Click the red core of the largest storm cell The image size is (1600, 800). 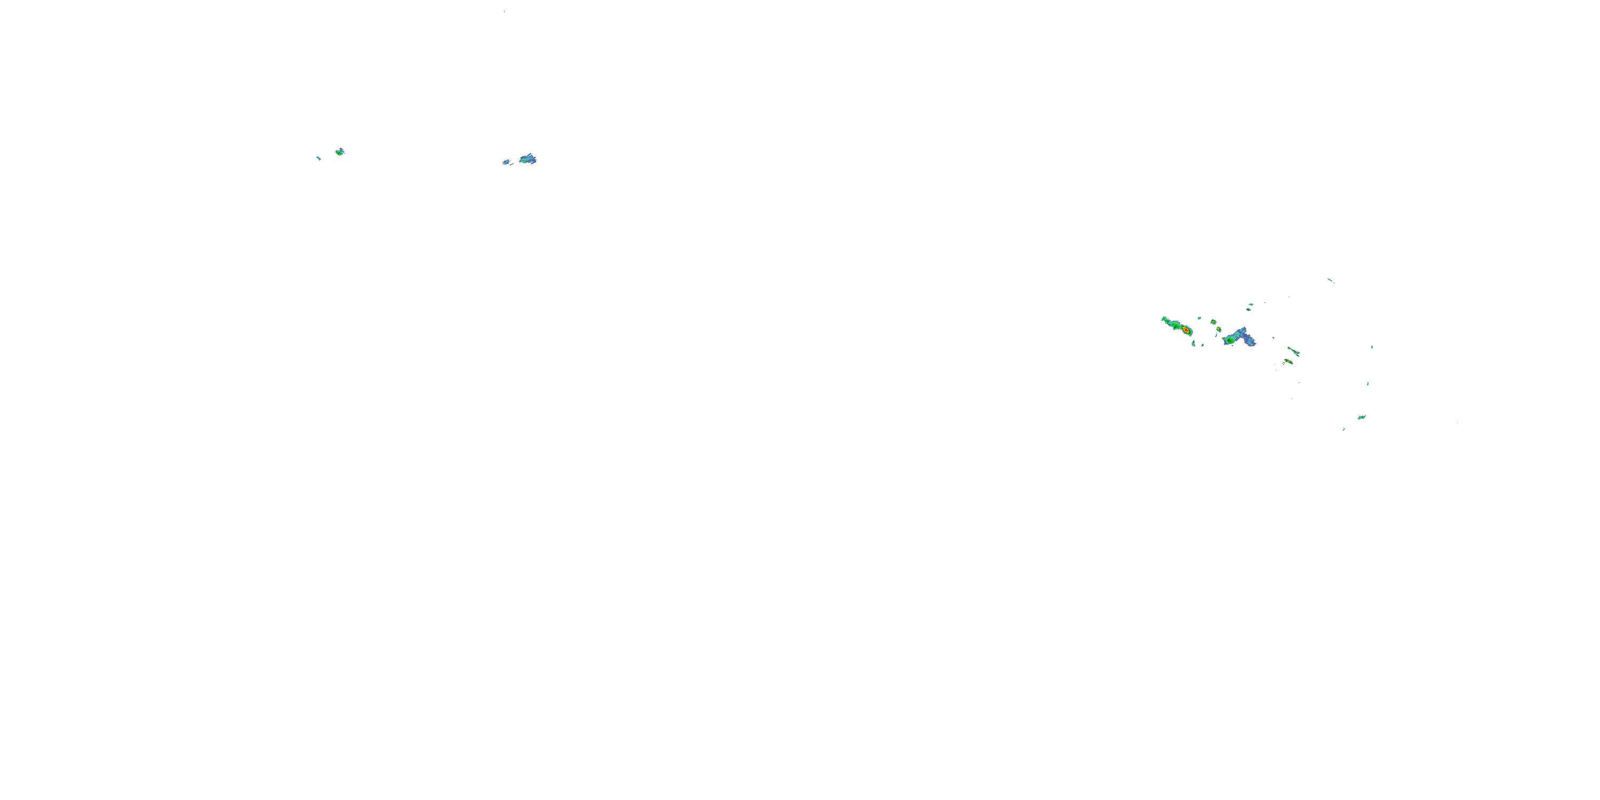[x=1185, y=330]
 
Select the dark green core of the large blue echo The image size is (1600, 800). [x=1230, y=340]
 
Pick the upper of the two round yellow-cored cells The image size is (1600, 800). [x=1212, y=322]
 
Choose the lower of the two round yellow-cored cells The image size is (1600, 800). [x=1219, y=329]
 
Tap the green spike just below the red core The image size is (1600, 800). [x=1193, y=343]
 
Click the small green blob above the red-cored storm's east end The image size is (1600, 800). [x=1199, y=318]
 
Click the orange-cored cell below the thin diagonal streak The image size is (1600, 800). [x=1289, y=361]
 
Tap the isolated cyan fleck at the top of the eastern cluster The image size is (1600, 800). [x=1330, y=280]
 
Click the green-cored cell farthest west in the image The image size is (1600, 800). [x=339, y=151]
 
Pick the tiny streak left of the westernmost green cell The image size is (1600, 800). [x=318, y=158]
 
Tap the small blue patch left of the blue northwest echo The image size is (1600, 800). [x=506, y=162]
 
